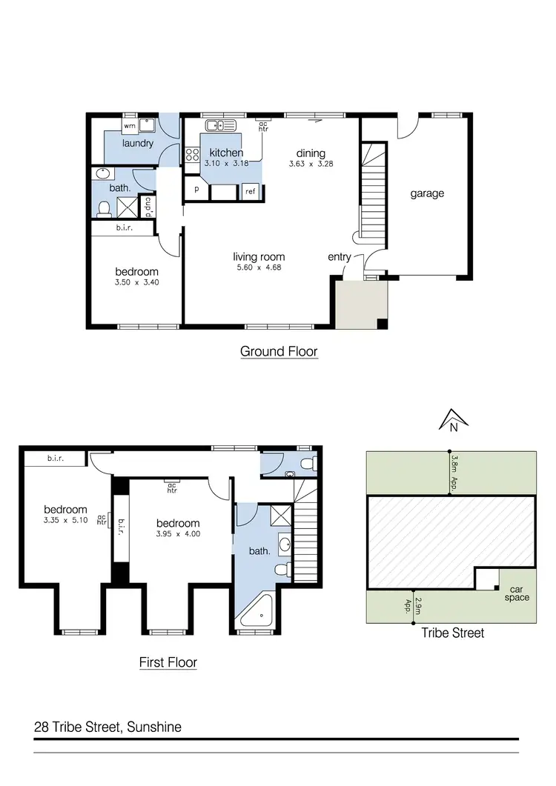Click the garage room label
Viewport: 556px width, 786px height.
[x=427, y=193]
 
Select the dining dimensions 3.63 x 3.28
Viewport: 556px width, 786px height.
[x=310, y=164]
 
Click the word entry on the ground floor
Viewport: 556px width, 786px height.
[x=340, y=256]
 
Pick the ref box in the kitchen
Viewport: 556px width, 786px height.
[x=249, y=191]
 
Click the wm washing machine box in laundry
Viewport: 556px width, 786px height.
[x=130, y=126]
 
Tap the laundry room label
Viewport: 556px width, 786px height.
[x=138, y=143]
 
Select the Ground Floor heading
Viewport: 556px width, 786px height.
[x=279, y=351]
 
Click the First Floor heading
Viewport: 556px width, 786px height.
[x=168, y=662]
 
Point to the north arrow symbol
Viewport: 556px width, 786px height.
[x=449, y=422]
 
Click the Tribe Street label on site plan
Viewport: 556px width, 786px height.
[x=452, y=633]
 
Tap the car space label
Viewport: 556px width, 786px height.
[x=517, y=593]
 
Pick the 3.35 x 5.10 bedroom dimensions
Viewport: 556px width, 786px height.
[x=65, y=520]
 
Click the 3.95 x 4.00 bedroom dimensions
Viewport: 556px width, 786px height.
[x=178, y=533]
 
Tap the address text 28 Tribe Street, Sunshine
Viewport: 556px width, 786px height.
[x=107, y=727]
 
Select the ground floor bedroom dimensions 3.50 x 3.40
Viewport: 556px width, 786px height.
[x=137, y=282]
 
